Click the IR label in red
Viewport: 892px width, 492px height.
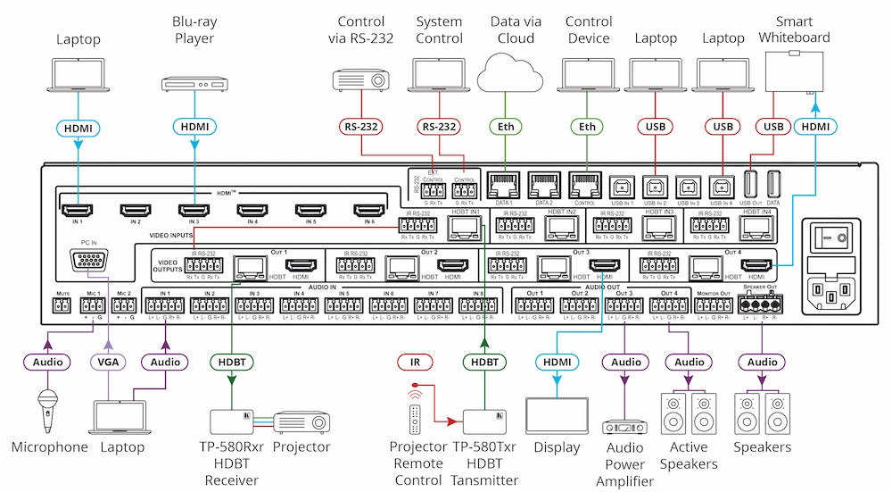[x=413, y=362]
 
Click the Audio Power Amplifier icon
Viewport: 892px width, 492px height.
[x=624, y=429]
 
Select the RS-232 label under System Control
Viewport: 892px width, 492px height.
[x=439, y=128]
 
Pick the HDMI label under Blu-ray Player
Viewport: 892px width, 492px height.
[x=194, y=128]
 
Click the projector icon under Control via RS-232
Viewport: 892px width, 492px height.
[x=361, y=79]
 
